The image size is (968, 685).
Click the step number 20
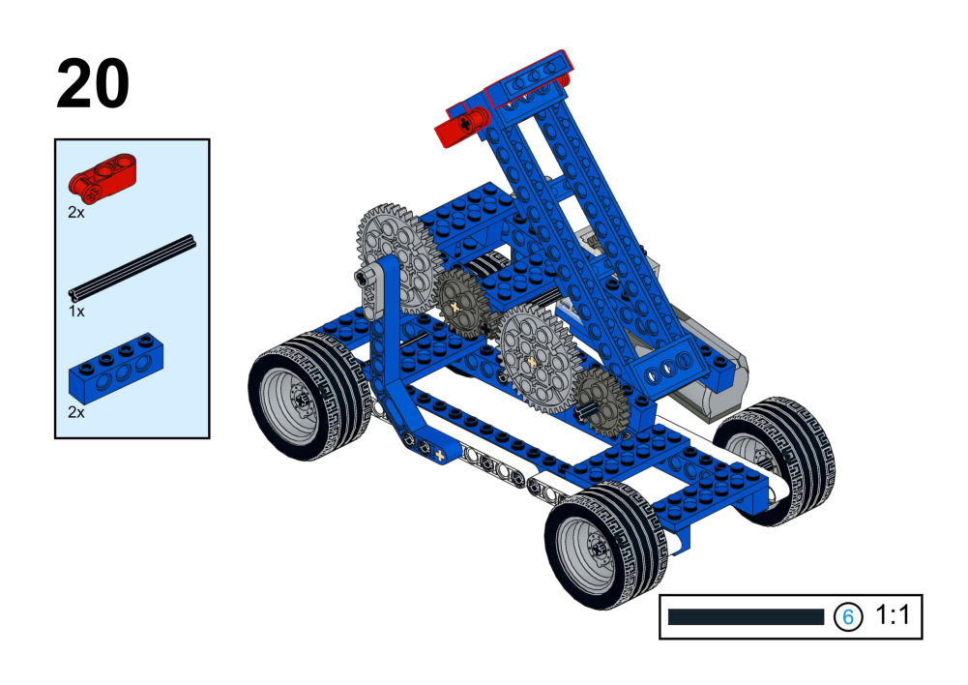coord(93,83)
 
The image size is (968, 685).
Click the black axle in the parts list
coord(132,267)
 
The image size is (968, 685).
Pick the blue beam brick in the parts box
coord(116,368)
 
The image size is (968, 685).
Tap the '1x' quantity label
coord(76,312)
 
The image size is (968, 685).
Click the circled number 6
coord(848,616)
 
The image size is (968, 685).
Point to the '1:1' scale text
coord(892,615)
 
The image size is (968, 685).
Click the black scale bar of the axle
coord(746,616)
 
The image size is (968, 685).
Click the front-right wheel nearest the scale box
coord(605,545)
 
